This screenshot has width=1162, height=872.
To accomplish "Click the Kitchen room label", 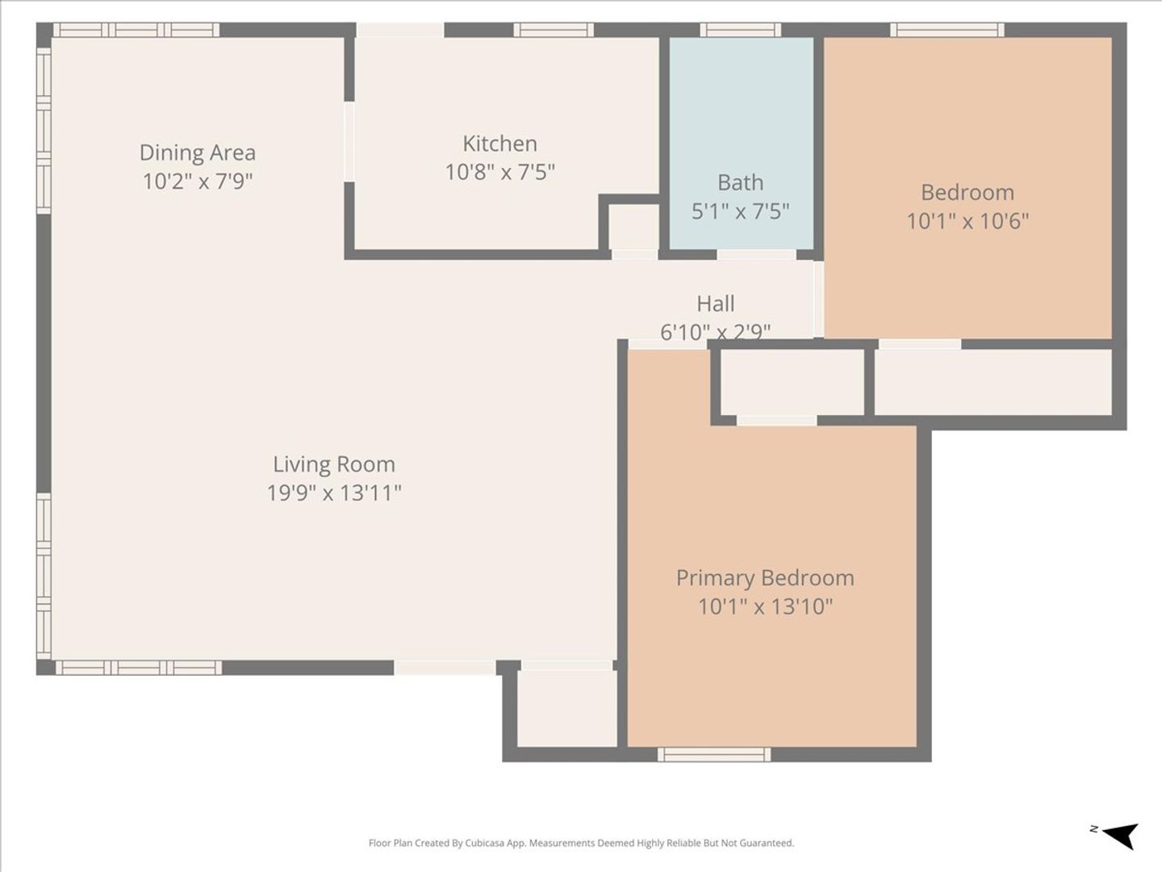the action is coord(499,144).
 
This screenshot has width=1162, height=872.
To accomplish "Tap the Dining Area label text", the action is coord(198,153).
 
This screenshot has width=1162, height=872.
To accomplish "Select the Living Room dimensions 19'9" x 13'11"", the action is coord(333,493).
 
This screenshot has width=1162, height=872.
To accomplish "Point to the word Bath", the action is coord(740,182).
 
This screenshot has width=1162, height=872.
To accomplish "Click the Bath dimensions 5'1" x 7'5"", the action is coord(740,212).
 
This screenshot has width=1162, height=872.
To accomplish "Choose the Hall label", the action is coord(715,304).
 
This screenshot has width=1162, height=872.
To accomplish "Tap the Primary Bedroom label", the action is coord(765,577).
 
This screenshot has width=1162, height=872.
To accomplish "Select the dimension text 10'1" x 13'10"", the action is coord(765,606).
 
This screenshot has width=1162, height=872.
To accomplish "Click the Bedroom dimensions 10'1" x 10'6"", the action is coord(968,220).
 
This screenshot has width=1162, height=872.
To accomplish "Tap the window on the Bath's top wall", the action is coord(740,30).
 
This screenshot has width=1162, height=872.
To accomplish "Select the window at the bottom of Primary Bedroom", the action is coord(714,754).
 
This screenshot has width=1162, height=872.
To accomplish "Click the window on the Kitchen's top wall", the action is coord(554,30).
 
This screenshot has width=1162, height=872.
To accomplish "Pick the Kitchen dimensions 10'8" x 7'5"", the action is coord(499,172).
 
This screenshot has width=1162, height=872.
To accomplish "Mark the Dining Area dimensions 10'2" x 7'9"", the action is coord(198,182).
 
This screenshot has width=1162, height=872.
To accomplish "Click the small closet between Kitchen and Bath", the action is coord(633,227).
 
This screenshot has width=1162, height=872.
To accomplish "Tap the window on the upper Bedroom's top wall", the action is coord(947,30).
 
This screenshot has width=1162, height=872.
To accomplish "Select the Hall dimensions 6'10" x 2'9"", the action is coord(715,331).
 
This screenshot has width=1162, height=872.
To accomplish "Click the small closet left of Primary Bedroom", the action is coord(567,708).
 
